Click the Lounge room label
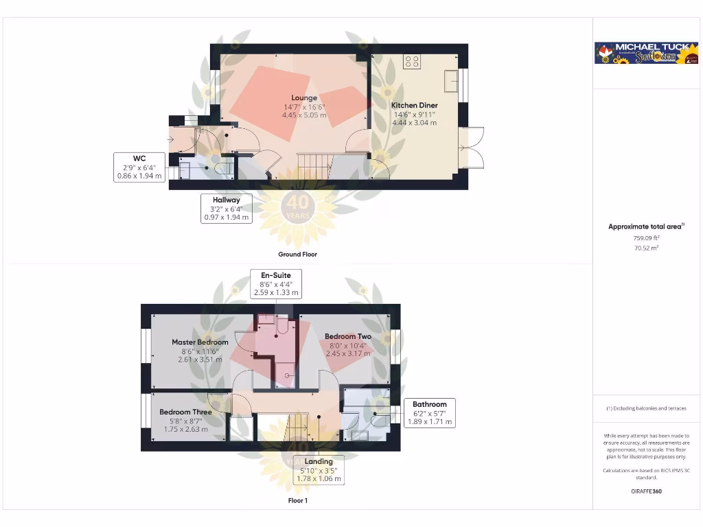point(303,98)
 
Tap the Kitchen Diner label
point(415,105)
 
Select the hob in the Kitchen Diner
point(412,62)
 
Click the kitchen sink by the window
point(451,80)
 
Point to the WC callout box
point(139,167)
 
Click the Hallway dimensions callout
point(226,209)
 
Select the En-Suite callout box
point(275,283)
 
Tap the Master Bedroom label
point(200,342)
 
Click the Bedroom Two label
point(348,336)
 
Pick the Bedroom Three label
point(185,412)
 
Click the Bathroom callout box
point(429,413)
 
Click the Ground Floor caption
point(298,254)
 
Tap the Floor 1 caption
point(298,501)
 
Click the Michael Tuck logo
point(646,53)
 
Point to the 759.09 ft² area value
point(645,238)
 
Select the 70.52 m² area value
point(645,248)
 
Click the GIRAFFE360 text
point(646,491)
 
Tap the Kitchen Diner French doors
point(474,147)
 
